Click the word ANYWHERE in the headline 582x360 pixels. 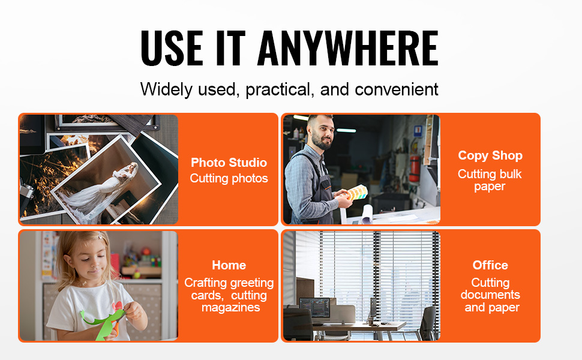pos(348,48)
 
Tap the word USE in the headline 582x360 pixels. pos(172,48)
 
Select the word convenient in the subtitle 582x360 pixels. pos(397,89)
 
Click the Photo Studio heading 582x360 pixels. pos(229,163)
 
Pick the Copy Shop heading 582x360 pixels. pos(490,155)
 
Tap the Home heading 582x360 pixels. pos(229,265)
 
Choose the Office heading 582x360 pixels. pos(490,265)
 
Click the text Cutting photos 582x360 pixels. pos(229,179)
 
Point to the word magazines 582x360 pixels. pos(230,308)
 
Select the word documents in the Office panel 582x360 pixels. pos(490,295)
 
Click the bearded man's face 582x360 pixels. pos(322,133)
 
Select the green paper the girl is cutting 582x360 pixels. pos(103,323)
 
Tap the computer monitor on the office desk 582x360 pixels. pos(314,308)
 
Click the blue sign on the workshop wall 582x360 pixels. pos(418,131)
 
